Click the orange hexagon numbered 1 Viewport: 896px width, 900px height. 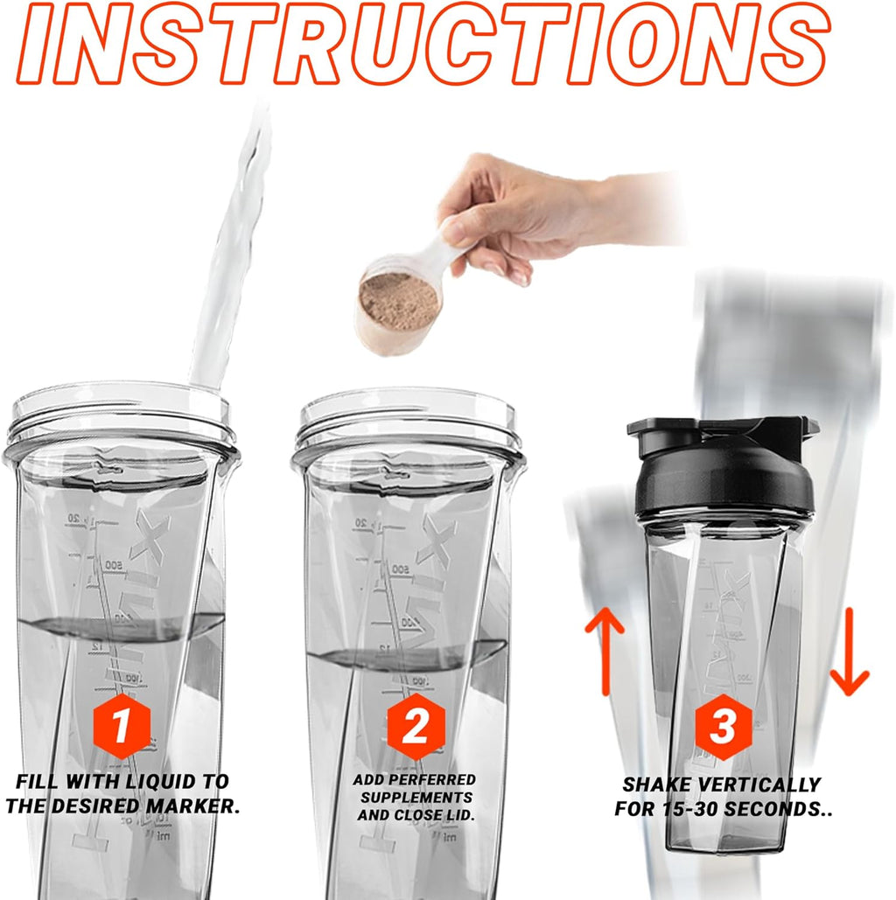122,726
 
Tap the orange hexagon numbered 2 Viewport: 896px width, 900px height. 415,726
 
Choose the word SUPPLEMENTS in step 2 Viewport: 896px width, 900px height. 415,798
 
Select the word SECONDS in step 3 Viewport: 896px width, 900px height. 779,809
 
